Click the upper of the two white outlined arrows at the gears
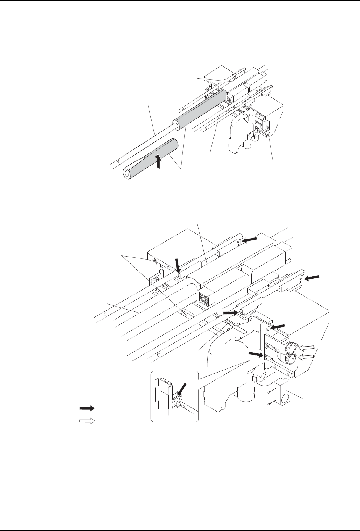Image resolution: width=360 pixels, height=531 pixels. [x=306, y=347]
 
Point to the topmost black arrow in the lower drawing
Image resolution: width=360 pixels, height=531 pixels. [x=250, y=239]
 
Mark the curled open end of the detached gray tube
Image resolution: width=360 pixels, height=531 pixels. [x=127, y=173]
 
